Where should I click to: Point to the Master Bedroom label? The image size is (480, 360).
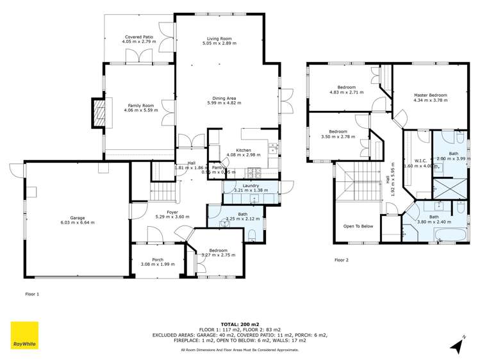pyautogui.click(x=430, y=95)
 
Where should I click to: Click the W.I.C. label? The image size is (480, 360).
pyautogui.click(x=420, y=160)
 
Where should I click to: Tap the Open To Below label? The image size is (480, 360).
pyautogui.click(x=358, y=226)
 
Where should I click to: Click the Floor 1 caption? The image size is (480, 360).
pyautogui.click(x=32, y=294)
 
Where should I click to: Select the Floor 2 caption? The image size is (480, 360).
pyautogui.click(x=341, y=260)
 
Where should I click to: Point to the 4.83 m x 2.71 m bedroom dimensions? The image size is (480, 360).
pyautogui.click(x=347, y=92)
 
